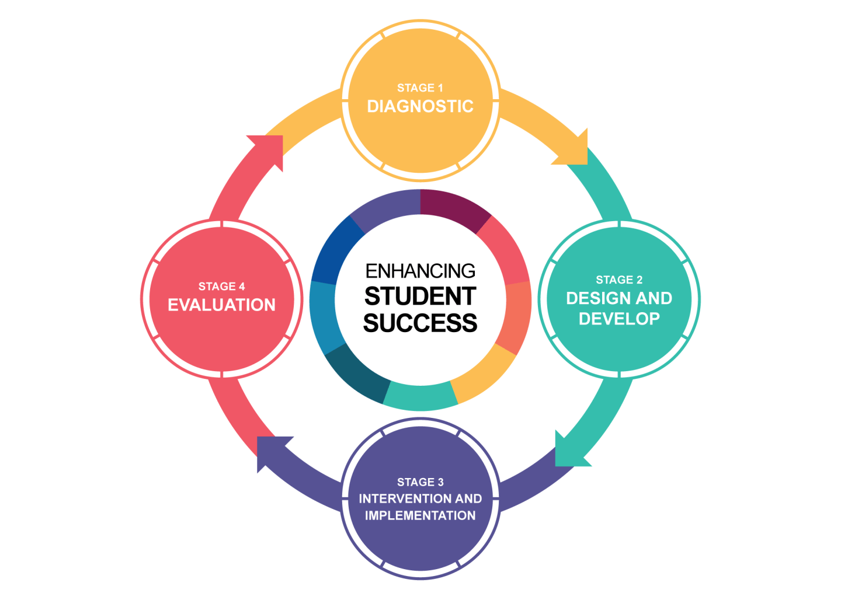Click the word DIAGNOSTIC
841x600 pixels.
click(420, 106)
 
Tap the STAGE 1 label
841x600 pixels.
click(420, 88)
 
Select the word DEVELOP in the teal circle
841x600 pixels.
click(619, 319)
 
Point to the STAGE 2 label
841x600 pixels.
click(619, 280)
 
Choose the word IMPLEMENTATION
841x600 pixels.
click(420, 516)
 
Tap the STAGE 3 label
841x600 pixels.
click(420, 482)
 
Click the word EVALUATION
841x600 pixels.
click(221, 305)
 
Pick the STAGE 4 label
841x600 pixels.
click(221, 287)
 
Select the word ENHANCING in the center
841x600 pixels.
click(420, 271)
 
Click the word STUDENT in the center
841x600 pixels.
click(420, 296)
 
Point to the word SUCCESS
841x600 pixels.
click(420, 323)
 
